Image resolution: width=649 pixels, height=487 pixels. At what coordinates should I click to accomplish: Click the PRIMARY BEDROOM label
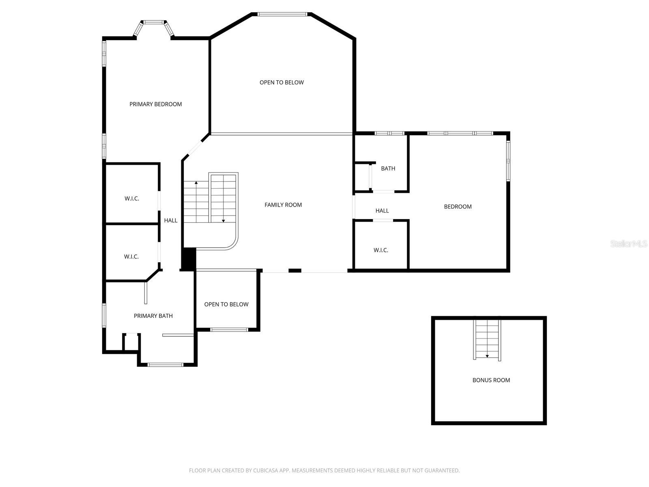155,104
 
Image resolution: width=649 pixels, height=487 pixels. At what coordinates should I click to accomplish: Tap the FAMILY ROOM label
283,205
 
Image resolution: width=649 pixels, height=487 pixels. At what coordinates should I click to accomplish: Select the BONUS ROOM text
491,380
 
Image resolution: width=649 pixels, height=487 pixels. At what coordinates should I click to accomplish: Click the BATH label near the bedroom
388,168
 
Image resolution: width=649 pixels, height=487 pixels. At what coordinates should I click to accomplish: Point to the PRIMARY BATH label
153,316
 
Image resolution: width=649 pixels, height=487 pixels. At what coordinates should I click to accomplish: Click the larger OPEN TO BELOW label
282,82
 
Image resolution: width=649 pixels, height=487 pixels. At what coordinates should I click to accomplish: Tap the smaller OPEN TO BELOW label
226,304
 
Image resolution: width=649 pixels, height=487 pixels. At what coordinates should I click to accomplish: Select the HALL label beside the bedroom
382,211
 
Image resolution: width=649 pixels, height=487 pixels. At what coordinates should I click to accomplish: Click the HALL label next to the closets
171,220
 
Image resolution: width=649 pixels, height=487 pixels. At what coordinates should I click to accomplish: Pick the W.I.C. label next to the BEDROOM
380,250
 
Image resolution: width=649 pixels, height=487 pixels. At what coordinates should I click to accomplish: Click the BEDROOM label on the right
458,207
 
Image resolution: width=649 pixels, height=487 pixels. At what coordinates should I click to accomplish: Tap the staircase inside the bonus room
487,339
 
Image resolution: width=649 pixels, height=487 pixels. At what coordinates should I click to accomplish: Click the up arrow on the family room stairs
196,183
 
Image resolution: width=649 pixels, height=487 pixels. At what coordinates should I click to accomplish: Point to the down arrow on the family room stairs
223,220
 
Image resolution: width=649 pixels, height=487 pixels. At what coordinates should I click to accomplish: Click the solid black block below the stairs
188,259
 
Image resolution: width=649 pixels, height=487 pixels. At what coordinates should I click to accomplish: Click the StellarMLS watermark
629,243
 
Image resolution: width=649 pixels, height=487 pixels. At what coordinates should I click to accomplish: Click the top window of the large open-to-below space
282,14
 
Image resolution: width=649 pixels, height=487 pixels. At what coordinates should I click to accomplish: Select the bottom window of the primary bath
165,364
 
